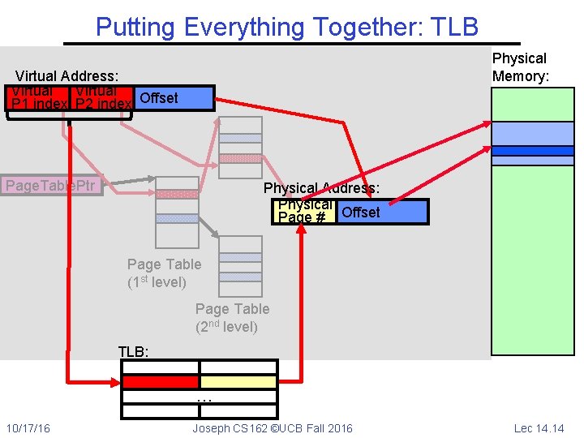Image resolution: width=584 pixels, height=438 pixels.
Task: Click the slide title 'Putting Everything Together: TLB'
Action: click(x=287, y=27)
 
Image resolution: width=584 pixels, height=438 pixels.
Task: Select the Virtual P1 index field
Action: click(x=38, y=98)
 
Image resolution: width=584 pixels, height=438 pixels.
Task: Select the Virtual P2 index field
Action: click(x=102, y=98)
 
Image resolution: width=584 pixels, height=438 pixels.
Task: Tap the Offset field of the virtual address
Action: click(x=173, y=98)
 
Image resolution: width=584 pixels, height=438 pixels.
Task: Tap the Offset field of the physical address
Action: click(x=381, y=212)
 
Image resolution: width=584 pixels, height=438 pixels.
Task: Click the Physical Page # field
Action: click(x=305, y=212)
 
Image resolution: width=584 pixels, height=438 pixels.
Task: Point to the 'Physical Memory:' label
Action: click(x=520, y=67)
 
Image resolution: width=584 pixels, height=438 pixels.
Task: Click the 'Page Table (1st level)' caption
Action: click(x=163, y=273)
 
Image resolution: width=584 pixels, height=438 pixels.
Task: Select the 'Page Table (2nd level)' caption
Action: click(x=232, y=317)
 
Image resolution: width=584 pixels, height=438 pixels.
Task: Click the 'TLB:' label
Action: click(x=134, y=351)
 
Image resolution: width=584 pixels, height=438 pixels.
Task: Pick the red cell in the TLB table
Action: click(x=160, y=381)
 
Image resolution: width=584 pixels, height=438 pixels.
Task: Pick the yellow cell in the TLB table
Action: click(x=238, y=381)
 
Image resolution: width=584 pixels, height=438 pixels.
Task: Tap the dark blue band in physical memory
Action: click(x=533, y=151)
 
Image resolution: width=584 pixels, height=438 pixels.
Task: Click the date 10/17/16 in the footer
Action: click(x=28, y=428)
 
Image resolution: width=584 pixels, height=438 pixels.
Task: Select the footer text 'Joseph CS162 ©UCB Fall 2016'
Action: click(x=273, y=428)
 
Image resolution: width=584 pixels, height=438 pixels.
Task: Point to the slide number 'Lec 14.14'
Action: click(x=539, y=428)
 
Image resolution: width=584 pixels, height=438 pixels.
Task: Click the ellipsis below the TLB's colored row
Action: click(x=204, y=397)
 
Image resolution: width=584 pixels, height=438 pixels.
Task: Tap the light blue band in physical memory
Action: click(x=533, y=132)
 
